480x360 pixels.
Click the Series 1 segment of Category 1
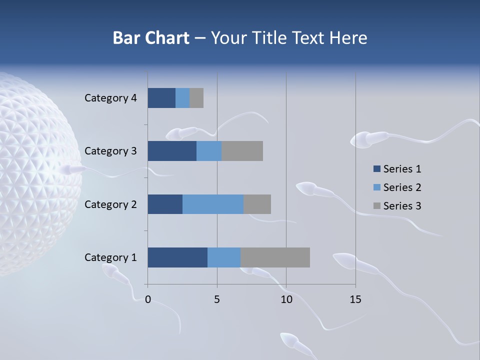[177, 257]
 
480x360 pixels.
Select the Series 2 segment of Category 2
[213, 204]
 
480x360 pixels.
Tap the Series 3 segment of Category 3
[242, 151]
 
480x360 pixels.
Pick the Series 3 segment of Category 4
[196, 98]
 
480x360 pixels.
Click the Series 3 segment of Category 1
[275, 257]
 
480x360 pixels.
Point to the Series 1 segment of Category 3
[172, 151]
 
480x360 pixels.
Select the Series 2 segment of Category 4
[182, 98]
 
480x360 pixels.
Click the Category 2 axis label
[110, 204]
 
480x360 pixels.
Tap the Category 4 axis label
[110, 98]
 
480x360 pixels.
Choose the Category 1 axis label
[110, 257]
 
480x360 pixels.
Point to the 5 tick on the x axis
[217, 299]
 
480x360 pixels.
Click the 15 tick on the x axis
[355, 299]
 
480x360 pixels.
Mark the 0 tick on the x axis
[148, 299]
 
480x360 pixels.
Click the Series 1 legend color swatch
[376, 169]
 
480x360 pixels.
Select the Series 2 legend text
[402, 187]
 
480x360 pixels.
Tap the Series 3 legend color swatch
[376, 206]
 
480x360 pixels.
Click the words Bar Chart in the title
[151, 38]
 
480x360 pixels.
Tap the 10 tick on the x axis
[286, 299]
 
